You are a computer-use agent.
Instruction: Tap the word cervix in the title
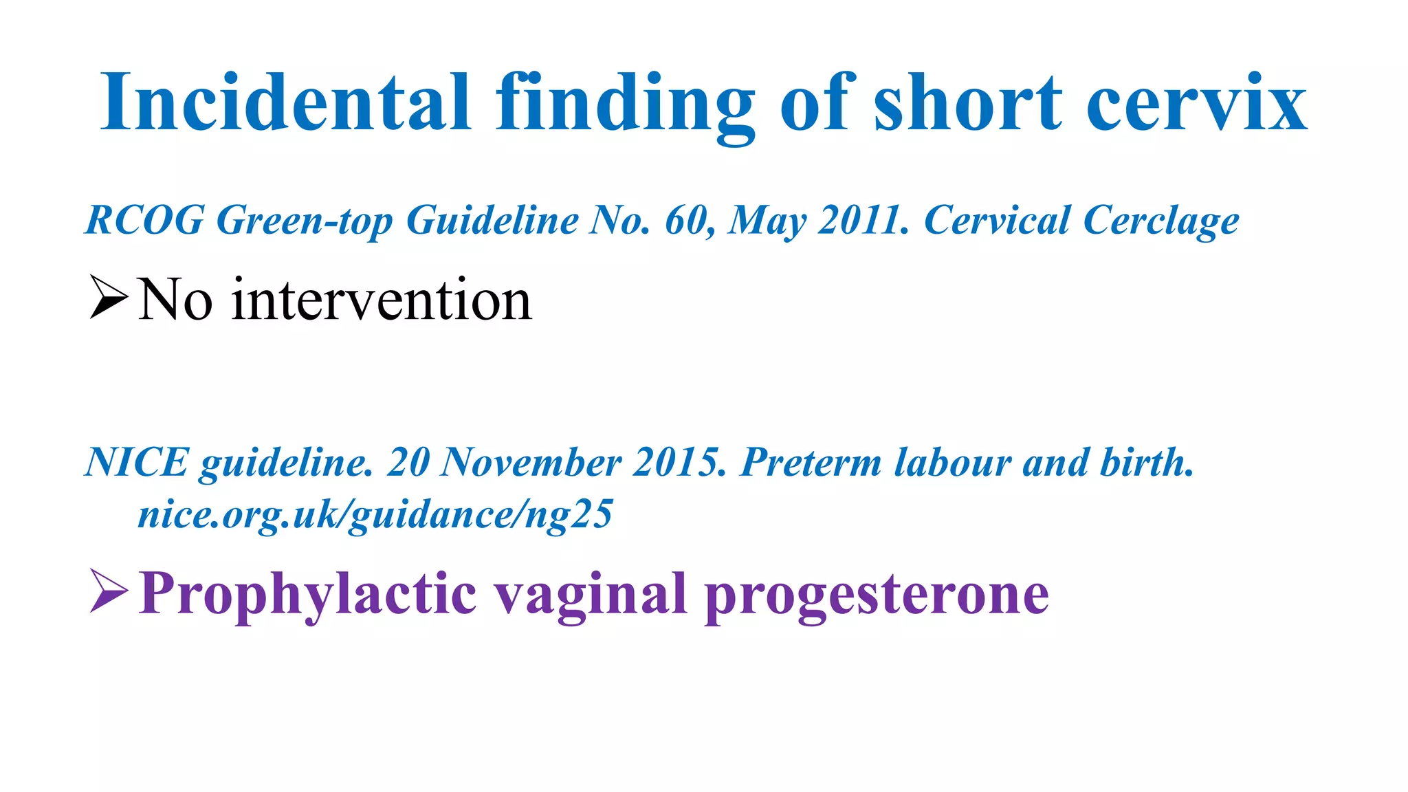pos(1196,103)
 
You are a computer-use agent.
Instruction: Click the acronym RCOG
pos(144,220)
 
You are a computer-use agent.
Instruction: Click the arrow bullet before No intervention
pos(109,297)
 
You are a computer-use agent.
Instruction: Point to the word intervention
pos(382,300)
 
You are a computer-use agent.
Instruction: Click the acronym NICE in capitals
pos(136,461)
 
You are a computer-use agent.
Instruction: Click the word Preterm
pos(811,461)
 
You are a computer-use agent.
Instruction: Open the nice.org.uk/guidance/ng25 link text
pos(375,514)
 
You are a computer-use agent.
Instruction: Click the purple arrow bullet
pos(109,591)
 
